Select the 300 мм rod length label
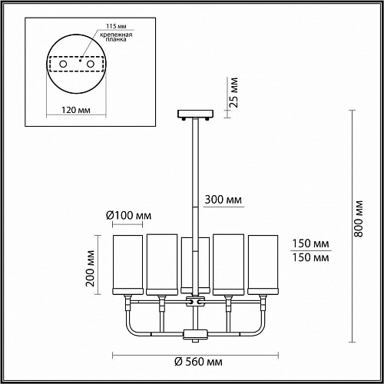click(x=223, y=200)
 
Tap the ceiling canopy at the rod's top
click(x=196, y=114)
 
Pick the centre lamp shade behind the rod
click(x=195, y=264)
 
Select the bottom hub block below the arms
click(x=196, y=335)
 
